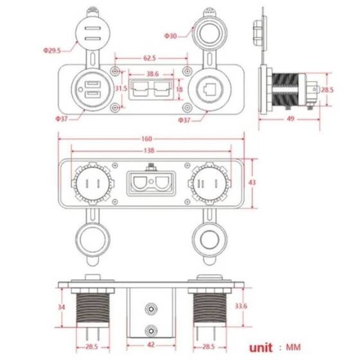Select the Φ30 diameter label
click(170, 35)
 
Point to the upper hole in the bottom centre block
click(151, 309)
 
